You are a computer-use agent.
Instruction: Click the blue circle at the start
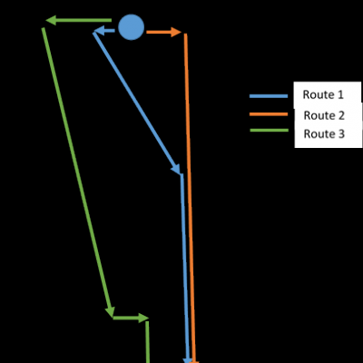pos(131,27)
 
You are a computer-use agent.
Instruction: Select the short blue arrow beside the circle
pos(104,31)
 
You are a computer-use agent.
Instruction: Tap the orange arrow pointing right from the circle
pos(164,32)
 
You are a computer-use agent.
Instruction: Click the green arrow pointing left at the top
pos(79,21)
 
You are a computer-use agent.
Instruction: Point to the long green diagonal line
pos(77,172)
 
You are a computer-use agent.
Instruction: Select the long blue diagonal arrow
pos(137,103)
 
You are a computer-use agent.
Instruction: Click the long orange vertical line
pos(190,198)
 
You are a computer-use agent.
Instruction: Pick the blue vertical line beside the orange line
pos(185,269)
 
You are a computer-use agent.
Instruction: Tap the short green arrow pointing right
pos(131,318)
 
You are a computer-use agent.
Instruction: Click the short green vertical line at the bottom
pos(148,342)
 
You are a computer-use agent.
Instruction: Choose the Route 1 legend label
pos(323,94)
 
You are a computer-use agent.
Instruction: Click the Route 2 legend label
pos(324,115)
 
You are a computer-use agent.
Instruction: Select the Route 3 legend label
pos(324,133)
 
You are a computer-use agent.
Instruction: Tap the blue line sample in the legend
pos(269,96)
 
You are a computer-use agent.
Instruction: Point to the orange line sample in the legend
pos(269,114)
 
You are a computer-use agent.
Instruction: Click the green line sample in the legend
pos(270,131)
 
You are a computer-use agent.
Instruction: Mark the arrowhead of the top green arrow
pos(51,21)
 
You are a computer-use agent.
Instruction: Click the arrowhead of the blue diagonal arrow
pos(177,170)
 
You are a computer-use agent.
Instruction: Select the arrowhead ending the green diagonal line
pos(110,311)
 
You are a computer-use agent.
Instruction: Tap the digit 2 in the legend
pos(341,115)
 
